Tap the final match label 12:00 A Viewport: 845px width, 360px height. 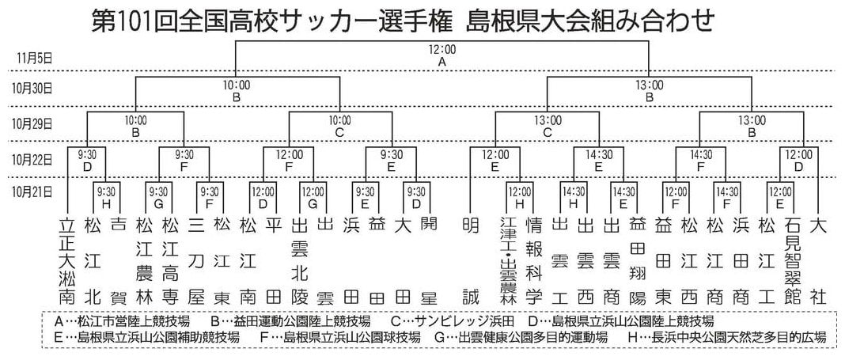442,56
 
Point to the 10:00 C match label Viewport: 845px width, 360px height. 339,126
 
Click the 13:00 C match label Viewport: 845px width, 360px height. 548,126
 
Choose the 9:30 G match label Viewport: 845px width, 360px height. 158,197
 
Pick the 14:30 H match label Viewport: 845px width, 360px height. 574,197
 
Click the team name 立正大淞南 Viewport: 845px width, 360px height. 66,261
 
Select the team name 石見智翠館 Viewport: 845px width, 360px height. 792,261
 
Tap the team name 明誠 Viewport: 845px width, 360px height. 471,261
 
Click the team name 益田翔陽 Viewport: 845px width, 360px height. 637,261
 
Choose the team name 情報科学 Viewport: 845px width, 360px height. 532,261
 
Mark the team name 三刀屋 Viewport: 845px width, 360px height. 196,261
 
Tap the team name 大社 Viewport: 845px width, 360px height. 818,261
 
